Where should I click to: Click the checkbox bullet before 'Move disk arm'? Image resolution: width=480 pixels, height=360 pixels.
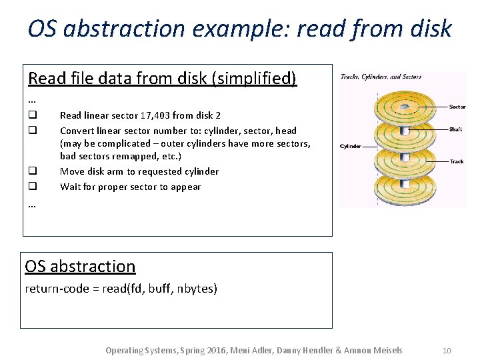[31, 171]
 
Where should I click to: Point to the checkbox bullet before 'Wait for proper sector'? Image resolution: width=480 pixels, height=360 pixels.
[31, 187]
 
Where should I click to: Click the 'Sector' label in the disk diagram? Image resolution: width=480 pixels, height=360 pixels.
[457, 107]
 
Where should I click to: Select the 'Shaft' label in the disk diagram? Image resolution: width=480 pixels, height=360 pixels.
[456, 129]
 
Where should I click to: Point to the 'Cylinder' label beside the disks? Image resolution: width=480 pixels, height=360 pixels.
[351, 147]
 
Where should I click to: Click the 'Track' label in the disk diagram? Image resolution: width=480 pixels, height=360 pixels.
[456, 161]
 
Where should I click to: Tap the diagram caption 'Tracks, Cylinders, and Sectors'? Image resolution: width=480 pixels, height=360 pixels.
[381, 77]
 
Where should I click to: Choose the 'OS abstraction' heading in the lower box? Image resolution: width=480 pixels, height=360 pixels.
[80, 266]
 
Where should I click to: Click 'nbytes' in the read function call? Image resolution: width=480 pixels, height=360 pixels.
[195, 289]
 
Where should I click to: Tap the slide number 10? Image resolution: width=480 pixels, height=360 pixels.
[447, 350]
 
